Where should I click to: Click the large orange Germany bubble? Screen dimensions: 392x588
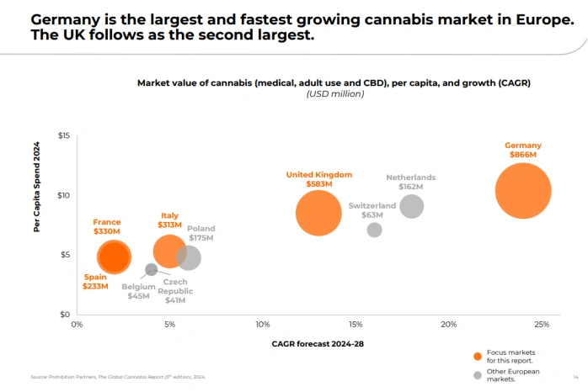pos(522,191)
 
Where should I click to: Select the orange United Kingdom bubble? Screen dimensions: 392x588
pos(318,213)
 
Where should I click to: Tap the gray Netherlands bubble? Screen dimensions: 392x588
pos(411,205)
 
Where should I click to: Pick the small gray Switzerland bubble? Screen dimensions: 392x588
pos(374,230)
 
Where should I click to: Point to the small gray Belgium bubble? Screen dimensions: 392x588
pos(152,269)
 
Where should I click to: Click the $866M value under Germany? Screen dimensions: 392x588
pos(522,155)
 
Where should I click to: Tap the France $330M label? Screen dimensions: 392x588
pos(106,231)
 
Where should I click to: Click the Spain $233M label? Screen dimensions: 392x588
pos(95,286)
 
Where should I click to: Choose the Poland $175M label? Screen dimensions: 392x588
pos(200,238)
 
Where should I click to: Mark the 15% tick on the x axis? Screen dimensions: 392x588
pos(355,325)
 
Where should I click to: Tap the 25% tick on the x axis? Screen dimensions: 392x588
pos(541,325)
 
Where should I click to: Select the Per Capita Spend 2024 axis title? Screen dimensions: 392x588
pos(37,187)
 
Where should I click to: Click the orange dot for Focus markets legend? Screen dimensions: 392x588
pos(478,356)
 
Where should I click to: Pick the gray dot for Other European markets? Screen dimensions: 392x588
pos(478,375)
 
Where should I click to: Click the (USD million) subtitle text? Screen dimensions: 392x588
pos(334,93)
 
